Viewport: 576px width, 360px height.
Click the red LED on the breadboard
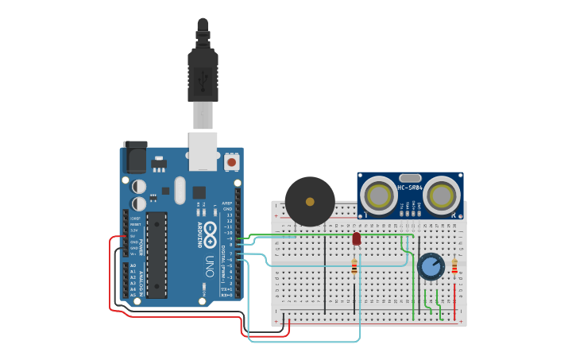pos(357,238)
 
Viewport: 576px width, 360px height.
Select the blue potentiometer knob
pos(430,267)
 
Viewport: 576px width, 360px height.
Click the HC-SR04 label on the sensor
pos(410,188)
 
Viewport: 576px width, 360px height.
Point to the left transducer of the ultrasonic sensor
pos(378,195)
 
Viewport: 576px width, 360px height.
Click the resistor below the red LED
pos(354,269)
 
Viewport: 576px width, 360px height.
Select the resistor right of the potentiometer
pos(454,267)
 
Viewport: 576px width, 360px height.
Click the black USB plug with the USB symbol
pos(203,75)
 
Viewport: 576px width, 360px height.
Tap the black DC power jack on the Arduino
pos(134,157)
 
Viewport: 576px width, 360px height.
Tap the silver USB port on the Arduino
pos(203,151)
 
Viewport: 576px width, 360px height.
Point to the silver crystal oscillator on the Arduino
pos(179,190)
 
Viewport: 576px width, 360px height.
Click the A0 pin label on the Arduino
pos(133,265)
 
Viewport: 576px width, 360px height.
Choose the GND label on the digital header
pos(228,208)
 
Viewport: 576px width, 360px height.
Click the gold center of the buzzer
pos(310,201)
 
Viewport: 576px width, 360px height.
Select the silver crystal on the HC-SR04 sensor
pos(410,178)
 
